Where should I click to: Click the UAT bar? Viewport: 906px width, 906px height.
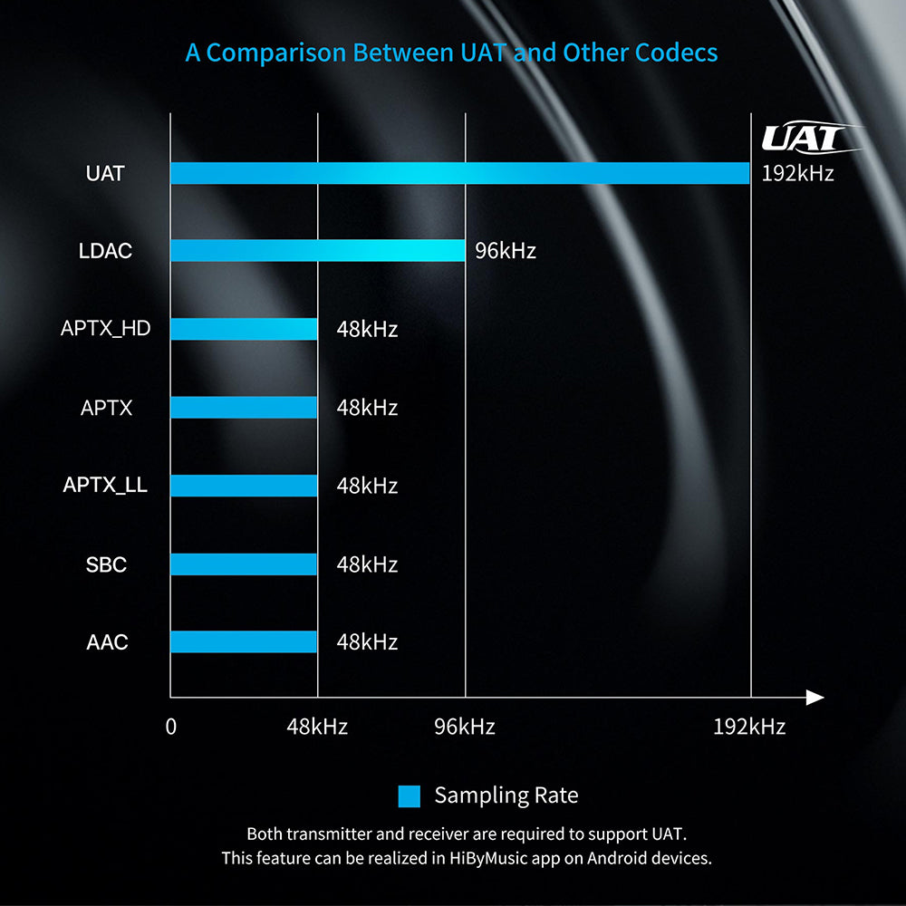coord(459,173)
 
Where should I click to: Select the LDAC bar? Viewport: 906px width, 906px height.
coord(317,251)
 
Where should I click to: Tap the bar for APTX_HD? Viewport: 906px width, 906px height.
coord(244,329)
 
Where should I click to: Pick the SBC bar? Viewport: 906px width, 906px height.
coord(244,564)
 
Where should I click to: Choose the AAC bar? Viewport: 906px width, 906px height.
coord(244,642)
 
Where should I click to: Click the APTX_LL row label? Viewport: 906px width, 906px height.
coord(105,486)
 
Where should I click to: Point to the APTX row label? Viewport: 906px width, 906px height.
coord(106,408)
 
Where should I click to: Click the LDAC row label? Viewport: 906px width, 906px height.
coord(105,251)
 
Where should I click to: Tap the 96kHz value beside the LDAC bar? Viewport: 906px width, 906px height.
coord(506,251)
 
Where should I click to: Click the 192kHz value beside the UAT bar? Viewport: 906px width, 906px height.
coord(797,173)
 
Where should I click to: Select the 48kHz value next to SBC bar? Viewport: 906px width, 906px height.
coord(367,564)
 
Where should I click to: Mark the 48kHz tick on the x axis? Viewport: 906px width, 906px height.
coord(317,727)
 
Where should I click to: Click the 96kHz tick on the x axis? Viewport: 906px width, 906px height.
coord(465,727)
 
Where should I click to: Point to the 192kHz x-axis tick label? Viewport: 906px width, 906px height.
coord(749,727)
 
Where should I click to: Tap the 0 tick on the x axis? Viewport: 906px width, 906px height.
coord(170,727)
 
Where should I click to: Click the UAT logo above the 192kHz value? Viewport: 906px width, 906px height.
coord(805,138)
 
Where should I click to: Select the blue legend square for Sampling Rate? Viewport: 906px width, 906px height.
coord(410,796)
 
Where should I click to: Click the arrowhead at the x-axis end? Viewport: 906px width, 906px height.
coord(814,698)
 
